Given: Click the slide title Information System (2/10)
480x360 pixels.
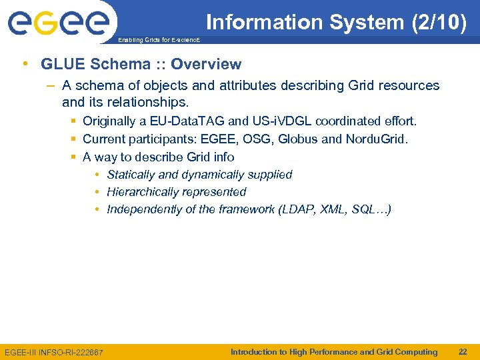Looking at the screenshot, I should [335, 22].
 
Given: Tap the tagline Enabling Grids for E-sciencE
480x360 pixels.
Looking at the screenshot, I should [158, 41].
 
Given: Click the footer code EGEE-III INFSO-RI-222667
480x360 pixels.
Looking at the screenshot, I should [54, 352].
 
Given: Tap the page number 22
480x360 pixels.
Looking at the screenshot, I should [462, 352].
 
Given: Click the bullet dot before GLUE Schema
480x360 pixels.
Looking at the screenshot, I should [25, 65].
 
